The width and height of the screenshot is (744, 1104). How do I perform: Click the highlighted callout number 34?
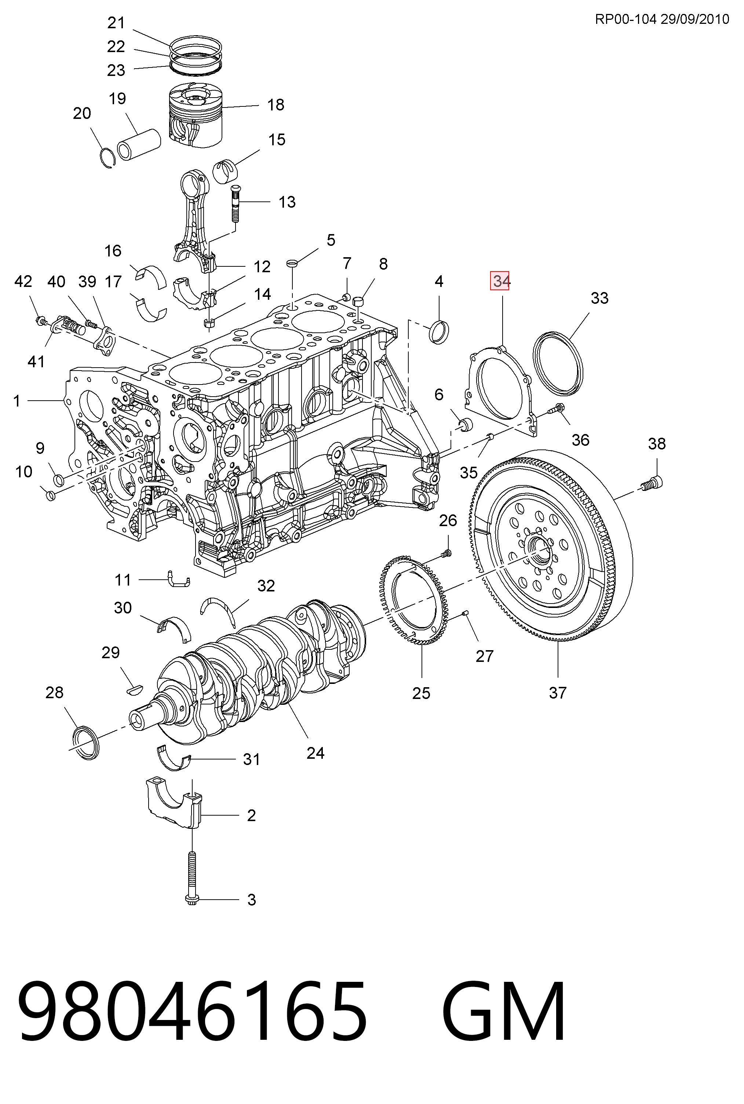coord(500,281)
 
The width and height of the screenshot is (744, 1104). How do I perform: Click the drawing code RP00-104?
coord(626,19)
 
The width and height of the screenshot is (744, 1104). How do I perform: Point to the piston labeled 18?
coord(196,115)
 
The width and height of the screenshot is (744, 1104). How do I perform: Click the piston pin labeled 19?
coord(139,144)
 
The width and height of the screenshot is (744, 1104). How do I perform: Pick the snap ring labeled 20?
coord(109,159)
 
